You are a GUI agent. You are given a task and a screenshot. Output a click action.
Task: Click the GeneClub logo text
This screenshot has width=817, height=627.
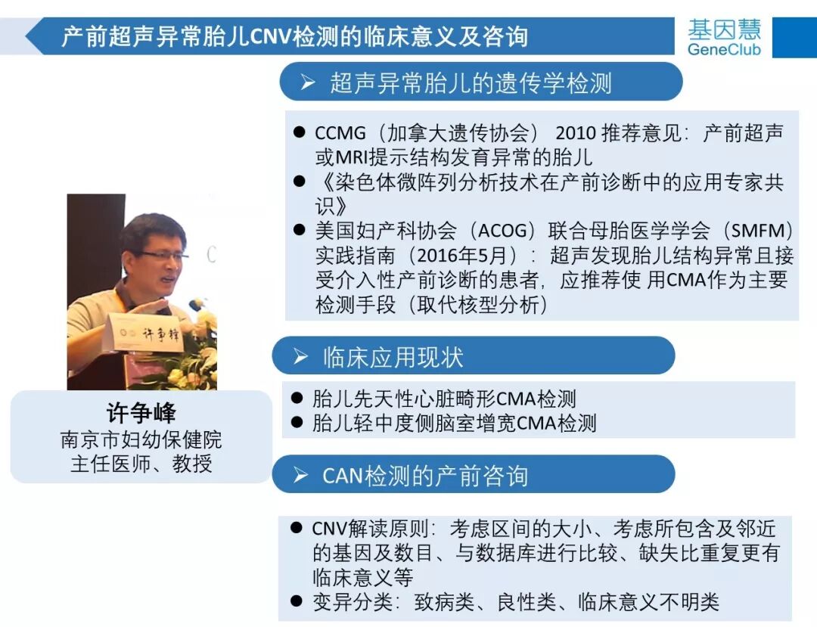724,49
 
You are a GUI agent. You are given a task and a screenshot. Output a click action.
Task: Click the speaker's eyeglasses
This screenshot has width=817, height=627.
160,256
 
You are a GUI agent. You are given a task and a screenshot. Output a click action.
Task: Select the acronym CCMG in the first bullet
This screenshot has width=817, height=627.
340,134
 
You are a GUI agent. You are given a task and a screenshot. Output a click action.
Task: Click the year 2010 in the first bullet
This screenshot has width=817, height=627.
581,134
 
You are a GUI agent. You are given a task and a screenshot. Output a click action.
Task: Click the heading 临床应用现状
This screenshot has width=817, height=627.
393,357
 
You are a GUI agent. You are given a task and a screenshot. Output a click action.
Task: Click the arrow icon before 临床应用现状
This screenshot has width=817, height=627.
300,357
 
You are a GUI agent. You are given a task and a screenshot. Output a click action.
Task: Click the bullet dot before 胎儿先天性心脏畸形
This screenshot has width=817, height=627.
297,399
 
